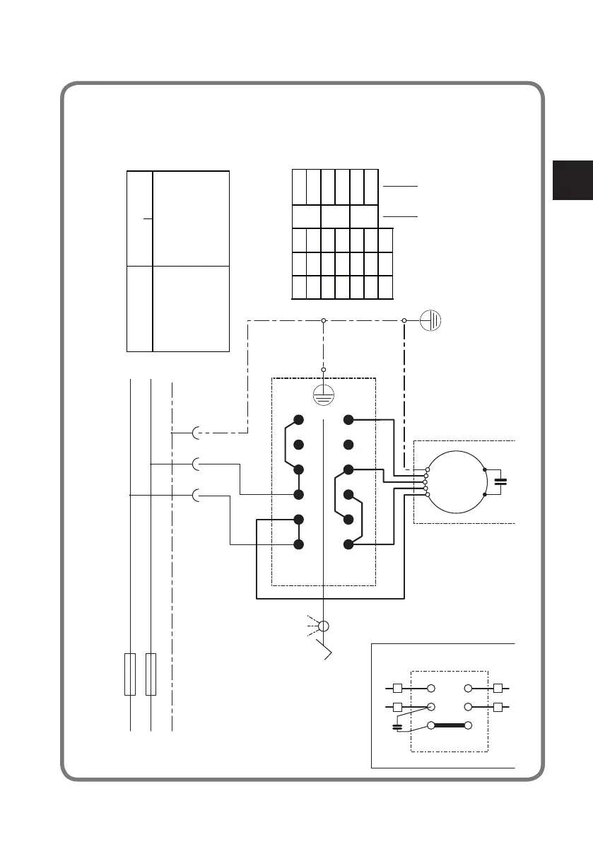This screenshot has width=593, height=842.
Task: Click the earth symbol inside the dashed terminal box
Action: point(324,395)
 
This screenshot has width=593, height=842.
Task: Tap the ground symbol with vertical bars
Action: point(431,320)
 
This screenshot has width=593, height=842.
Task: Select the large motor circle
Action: point(456,482)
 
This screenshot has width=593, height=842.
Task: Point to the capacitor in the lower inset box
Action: point(397,726)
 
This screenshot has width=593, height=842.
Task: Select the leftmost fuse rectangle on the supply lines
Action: point(130,674)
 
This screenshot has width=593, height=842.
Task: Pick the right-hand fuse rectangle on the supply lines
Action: point(151,674)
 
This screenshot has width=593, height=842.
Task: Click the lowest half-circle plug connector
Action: point(197,495)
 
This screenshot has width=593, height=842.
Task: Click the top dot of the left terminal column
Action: point(298,421)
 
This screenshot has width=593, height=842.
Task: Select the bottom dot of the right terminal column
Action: point(348,544)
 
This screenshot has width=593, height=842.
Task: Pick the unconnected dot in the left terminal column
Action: point(298,445)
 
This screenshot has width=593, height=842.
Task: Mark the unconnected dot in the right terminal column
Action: point(348,445)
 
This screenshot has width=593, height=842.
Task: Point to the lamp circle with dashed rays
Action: point(324,626)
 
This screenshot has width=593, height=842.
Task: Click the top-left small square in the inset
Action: point(397,688)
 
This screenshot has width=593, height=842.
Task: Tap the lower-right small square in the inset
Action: point(498,706)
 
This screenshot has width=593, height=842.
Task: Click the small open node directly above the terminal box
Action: point(324,370)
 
